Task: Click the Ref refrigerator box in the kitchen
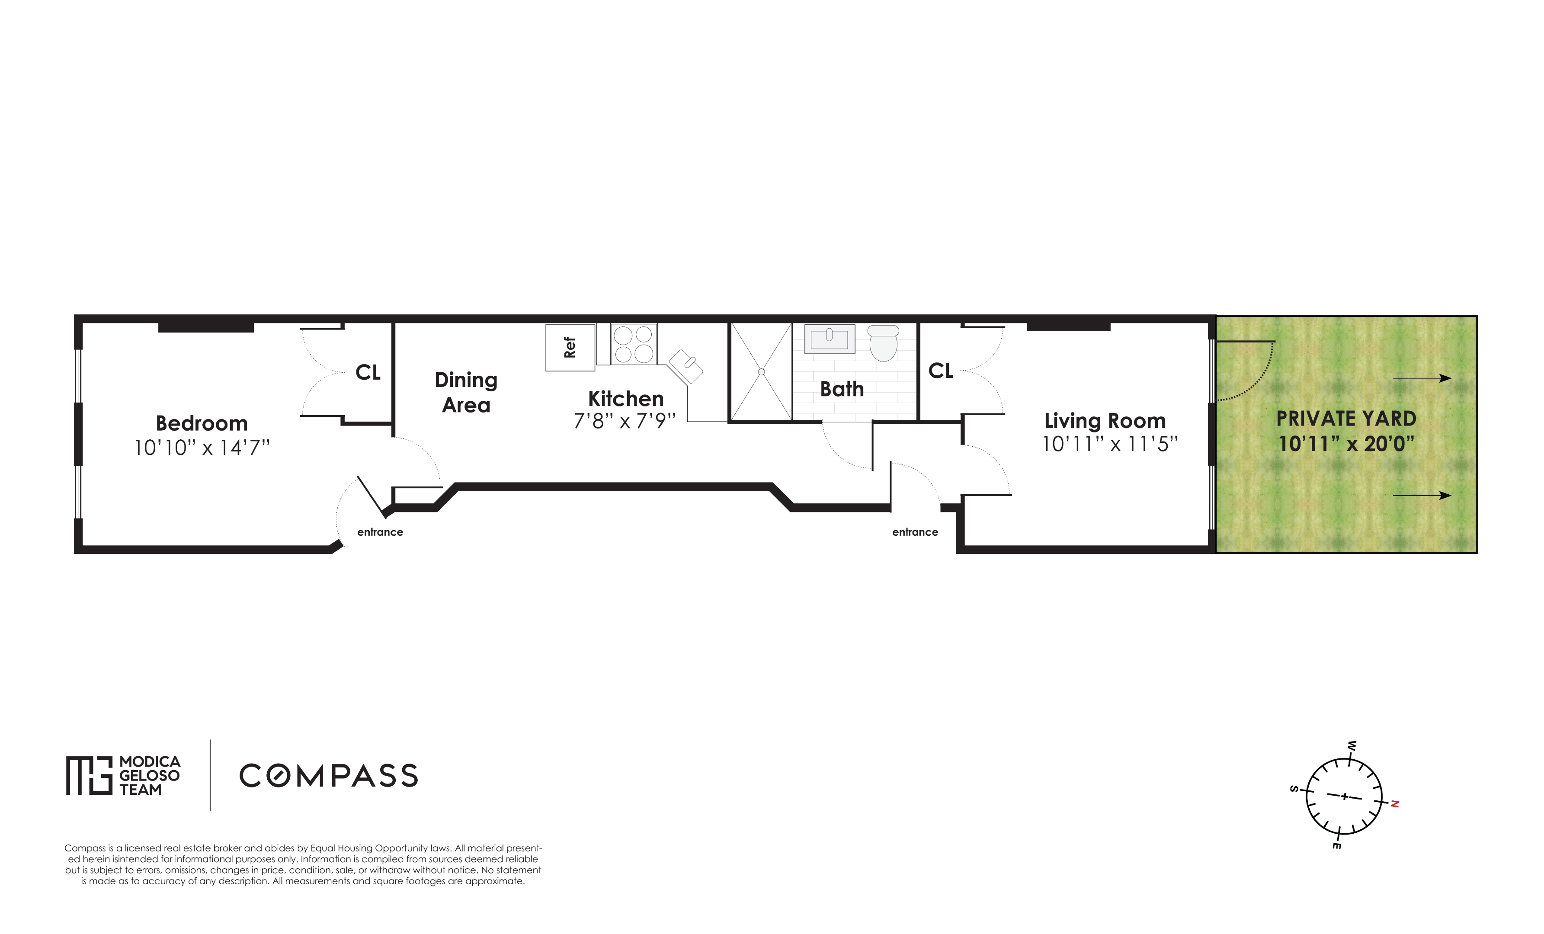(570, 347)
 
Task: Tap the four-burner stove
(634, 344)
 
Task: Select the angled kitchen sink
(686, 366)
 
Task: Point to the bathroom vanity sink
(829, 339)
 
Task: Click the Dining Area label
(466, 392)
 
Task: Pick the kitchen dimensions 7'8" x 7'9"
(625, 421)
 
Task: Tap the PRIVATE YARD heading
(1346, 419)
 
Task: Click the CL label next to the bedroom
(368, 372)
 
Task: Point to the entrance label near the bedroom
(380, 532)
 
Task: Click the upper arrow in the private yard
(1421, 378)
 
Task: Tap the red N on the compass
(1395, 804)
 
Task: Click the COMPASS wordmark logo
(328, 775)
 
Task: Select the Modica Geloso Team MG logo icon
(89, 775)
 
